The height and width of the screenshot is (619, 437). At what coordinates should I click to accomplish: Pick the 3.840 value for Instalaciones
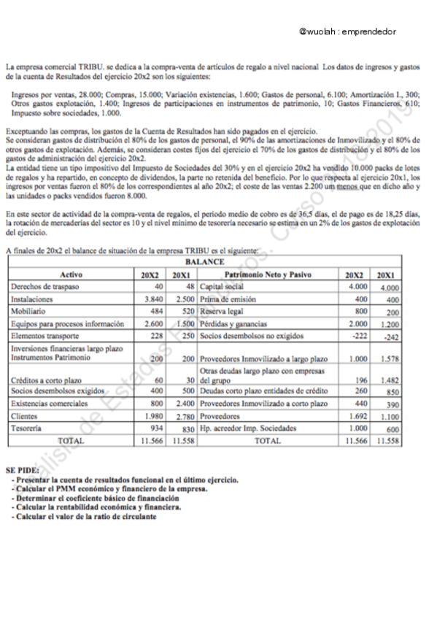(152, 299)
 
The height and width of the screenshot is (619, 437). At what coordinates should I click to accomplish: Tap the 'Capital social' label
(223, 287)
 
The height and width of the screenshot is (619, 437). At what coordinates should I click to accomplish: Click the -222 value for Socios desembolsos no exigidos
(357, 337)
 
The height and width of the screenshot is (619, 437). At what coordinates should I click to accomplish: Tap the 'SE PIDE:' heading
(20, 472)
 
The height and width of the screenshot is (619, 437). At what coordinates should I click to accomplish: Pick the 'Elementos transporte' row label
(45, 337)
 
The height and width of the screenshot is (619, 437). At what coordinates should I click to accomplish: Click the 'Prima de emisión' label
(226, 299)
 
